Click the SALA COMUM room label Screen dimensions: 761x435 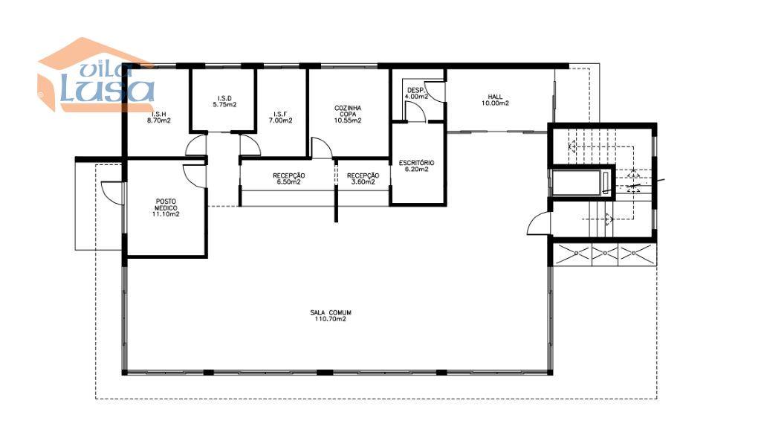tap(331, 312)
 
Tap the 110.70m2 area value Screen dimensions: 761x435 tap(331, 319)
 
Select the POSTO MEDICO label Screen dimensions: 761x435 tap(166, 204)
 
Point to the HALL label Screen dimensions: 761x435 tap(495, 97)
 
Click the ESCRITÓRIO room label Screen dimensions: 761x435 tap(416, 163)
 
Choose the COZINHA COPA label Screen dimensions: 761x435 tap(348, 112)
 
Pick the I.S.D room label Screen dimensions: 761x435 tap(224, 98)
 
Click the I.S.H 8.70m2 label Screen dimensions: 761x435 tap(159, 117)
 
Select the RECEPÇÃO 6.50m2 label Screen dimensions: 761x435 tap(289, 178)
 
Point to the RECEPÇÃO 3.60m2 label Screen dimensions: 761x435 tap(363, 178)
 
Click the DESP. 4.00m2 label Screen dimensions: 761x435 tap(416, 93)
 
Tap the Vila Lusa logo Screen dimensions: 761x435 tap(96, 75)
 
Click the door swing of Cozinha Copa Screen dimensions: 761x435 tap(322, 147)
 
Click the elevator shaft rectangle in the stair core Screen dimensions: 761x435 tap(580, 182)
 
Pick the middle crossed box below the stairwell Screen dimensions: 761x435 tap(605, 254)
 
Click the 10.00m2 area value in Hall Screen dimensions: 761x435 tap(495, 103)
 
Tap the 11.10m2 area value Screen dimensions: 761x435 tap(166, 213)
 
